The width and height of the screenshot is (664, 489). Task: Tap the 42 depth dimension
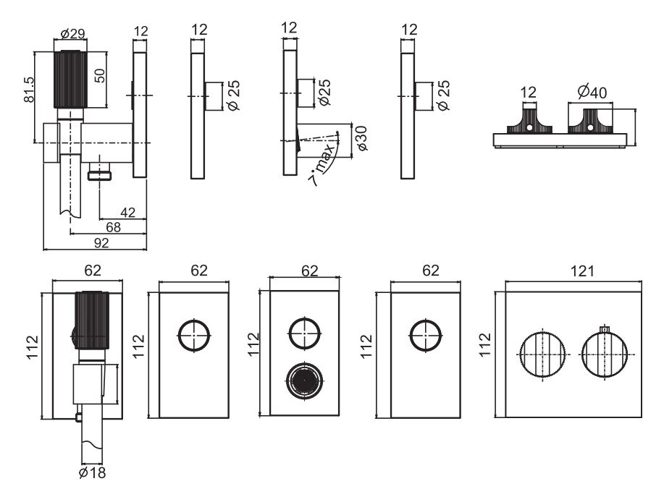(x=127, y=212)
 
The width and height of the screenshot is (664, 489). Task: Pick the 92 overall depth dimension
(x=102, y=242)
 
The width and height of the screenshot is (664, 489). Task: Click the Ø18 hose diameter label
(x=93, y=473)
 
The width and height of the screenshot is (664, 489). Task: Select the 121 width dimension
(x=581, y=271)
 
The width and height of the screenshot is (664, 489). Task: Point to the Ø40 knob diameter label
(x=593, y=93)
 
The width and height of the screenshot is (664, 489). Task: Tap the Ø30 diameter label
(x=361, y=137)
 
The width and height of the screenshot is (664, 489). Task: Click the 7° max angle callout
(x=325, y=165)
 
